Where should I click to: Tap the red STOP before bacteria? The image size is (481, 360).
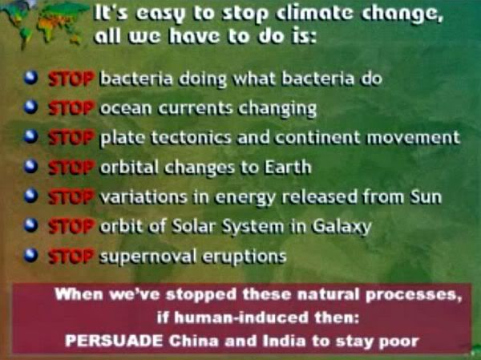[71, 79]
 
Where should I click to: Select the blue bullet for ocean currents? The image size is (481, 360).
[31, 107]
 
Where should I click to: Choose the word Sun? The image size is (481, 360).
[426, 196]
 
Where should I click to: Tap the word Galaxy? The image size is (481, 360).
[342, 227]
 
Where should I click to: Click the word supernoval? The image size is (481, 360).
[148, 257]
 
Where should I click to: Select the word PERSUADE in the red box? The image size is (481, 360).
[114, 341]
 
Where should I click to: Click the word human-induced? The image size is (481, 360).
[241, 318]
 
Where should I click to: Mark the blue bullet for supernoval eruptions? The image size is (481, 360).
[31, 255]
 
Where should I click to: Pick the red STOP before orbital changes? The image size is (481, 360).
[71, 168]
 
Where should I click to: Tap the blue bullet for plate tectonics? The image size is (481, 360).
[31, 136]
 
